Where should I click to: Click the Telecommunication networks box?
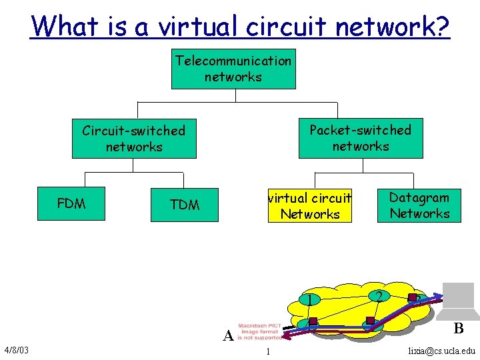[x=233, y=69]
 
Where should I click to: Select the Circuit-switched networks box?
[x=134, y=139]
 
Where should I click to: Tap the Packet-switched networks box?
[x=360, y=138]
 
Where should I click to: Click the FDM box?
[x=71, y=204]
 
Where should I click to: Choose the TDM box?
[x=185, y=205]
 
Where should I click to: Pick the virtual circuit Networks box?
[x=310, y=206]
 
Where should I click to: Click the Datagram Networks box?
[x=419, y=205]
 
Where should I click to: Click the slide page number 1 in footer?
[x=267, y=351]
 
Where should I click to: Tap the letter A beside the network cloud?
[x=228, y=335]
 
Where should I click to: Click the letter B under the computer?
[x=458, y=328]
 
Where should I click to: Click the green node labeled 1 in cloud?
[x=310, y=299]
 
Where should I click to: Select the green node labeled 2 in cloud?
[x=378, y=295]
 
